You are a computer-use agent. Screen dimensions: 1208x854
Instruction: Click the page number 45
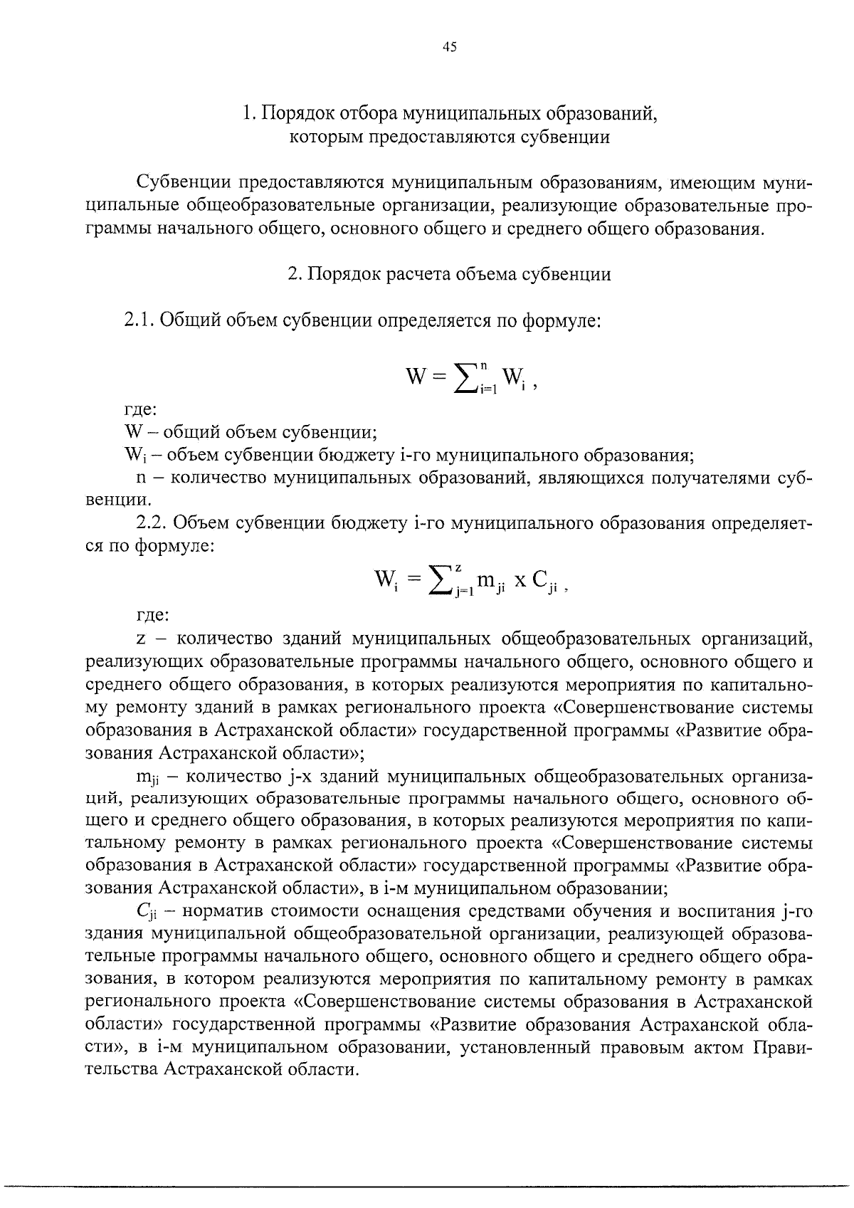point(449,48)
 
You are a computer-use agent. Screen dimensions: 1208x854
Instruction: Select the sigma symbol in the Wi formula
point(435,581)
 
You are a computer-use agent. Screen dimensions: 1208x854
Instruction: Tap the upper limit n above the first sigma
point(483,366)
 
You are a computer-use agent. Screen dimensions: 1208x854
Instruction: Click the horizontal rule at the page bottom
point(427,1187)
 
